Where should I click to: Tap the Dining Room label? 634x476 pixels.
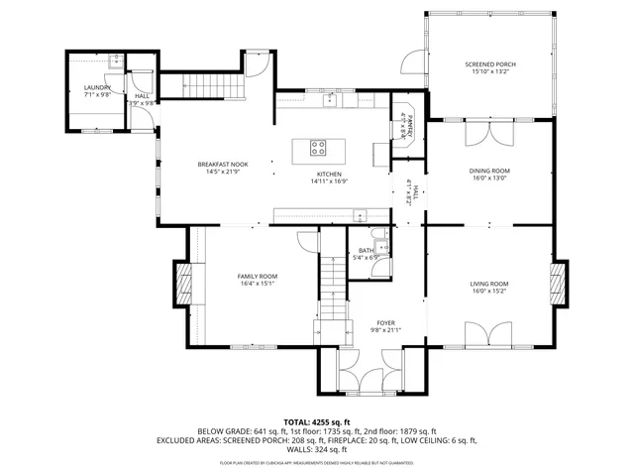pos(488,171)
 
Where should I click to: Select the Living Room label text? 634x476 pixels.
pos(488,284)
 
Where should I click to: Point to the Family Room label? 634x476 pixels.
pos(257,276)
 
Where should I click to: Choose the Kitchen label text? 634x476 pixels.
pos(328,174)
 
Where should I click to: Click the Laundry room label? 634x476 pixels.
pos(96,87)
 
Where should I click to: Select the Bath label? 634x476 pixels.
pos(367,250)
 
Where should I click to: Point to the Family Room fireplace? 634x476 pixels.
pos(182,284)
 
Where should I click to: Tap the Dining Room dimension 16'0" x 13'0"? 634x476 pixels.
pos(488,178)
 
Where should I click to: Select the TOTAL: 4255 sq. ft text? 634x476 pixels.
pos(317,422)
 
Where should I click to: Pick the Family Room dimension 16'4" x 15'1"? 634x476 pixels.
pos(257,284)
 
